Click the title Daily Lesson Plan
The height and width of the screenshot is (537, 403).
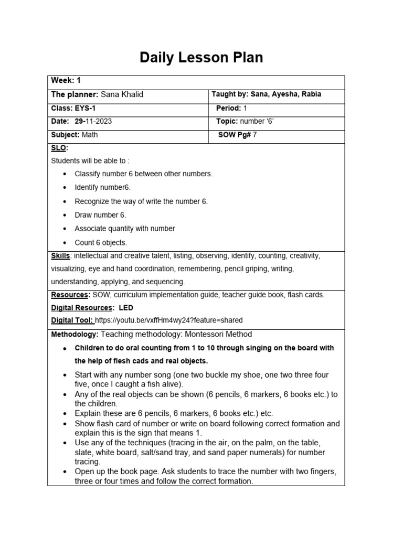click(201, 58)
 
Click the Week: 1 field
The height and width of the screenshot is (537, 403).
click(66, 81)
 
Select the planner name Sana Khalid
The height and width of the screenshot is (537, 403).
click(122, 94)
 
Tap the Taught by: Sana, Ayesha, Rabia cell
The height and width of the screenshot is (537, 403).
click(266, 94)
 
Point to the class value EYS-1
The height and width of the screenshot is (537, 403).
click(84, 108)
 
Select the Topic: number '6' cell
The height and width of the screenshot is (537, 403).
click(245, 121)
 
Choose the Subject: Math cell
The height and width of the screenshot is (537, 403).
click(74, 135)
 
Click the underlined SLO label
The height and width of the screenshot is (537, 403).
click(59, 148)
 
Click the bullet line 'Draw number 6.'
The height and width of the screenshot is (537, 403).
click(100, 215)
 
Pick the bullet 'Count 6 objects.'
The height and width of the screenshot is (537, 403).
click(101, 243)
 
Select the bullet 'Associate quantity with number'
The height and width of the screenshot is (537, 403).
click(125, 229)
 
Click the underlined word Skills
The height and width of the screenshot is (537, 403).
click(60, 256)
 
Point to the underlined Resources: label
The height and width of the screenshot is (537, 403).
click(70, 295)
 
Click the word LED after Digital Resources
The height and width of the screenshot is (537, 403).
click(126, 308)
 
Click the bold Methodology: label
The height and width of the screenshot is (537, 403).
click(74, 335)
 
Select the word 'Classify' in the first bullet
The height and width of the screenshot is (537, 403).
click(88, 174)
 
